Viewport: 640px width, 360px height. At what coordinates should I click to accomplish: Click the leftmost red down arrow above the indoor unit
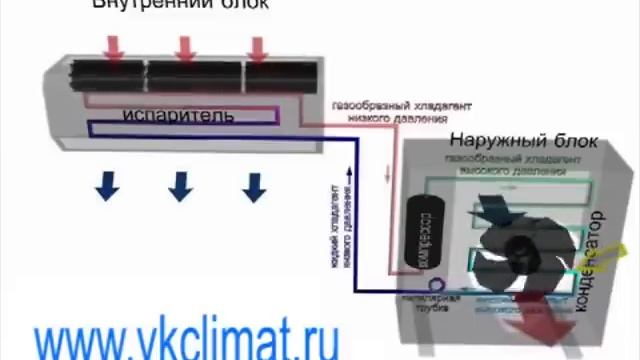113,46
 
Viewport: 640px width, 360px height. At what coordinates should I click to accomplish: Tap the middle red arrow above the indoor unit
186,46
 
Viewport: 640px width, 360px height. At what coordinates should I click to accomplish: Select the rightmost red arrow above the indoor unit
259,46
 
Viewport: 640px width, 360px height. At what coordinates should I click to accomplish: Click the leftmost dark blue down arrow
106,184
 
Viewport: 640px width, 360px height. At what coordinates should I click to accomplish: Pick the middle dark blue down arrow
180,185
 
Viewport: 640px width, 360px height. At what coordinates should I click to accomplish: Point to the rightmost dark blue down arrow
255,185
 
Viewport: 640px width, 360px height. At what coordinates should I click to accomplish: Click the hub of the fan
519,249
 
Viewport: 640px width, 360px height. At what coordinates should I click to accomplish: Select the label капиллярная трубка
446,304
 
